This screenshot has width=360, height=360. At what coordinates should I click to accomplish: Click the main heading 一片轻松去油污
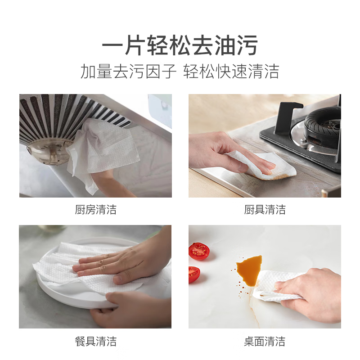click(180, 46)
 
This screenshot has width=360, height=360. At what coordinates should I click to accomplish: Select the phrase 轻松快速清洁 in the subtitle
click(231, 72)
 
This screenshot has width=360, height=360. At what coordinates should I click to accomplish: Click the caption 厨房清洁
click(95, 209)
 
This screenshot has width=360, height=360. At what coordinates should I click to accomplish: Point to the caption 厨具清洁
click(265, 209)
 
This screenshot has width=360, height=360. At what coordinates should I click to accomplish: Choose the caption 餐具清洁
click(95, 341)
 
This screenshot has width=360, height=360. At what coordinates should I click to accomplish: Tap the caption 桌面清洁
click(265, 341)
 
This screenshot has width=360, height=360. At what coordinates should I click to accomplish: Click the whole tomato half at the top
click(199, 251)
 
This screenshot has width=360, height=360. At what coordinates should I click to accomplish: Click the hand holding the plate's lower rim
click(130, 308)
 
